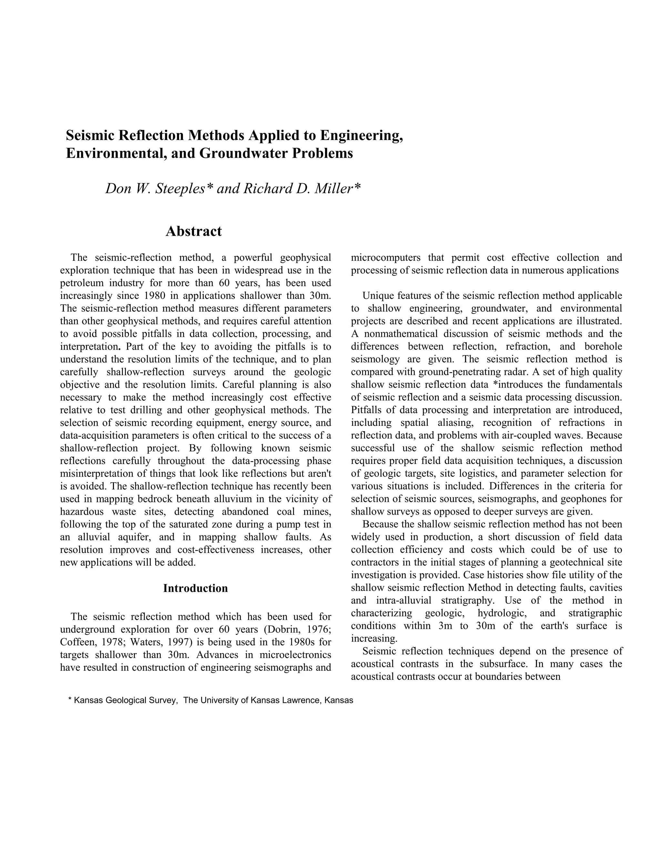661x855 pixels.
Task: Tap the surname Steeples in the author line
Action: [x=180, y=189]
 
